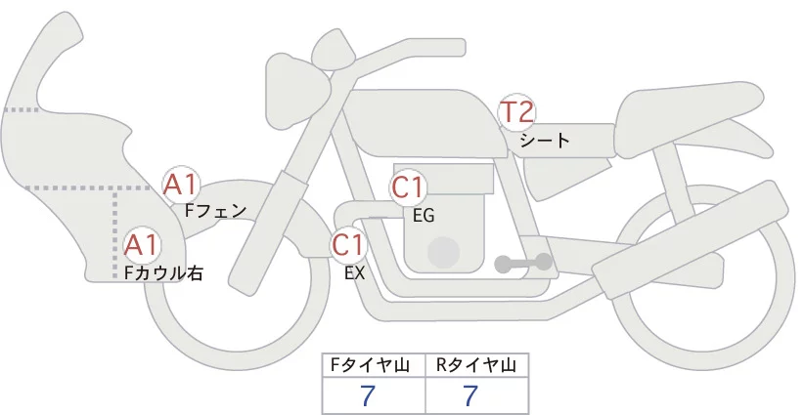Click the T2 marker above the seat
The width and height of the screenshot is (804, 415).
click(x=517, y=112)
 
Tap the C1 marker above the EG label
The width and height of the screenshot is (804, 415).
click(x=408, y=187)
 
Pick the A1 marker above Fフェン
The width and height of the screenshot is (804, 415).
click(x=181, y=185)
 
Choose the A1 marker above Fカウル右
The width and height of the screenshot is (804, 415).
click(x=142, y=246)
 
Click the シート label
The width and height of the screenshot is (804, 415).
click(x=545, y=141)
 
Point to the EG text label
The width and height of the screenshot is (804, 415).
click(x=424, y=216)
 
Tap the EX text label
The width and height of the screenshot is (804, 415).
click(x=354, y=273)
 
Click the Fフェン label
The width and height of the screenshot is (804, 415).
click(x=215, y=210)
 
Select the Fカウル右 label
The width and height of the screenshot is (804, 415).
click(x=163, y=273)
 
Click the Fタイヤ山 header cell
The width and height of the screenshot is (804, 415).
click(x=374, y=365)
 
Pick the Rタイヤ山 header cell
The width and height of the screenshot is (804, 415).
click(x=477, y=365)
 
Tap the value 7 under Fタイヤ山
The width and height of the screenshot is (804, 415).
click(x=368, y=395)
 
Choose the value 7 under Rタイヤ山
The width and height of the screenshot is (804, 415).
click(x=470, y=395)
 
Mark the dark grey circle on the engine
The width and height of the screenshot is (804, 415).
click(x=443, y=252)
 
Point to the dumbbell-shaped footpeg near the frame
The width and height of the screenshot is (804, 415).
click(x=523, y=263)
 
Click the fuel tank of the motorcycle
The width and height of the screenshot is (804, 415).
click(x=425, y=123)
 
